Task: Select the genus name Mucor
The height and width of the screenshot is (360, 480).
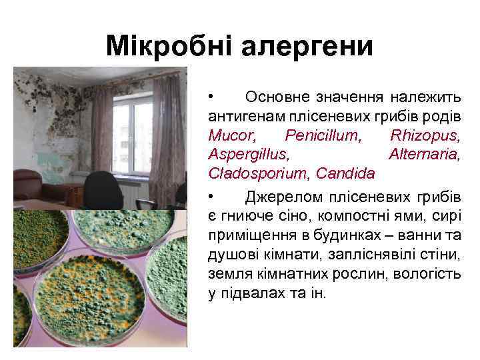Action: point(231,136)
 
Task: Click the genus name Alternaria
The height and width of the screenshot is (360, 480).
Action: point(425,155)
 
